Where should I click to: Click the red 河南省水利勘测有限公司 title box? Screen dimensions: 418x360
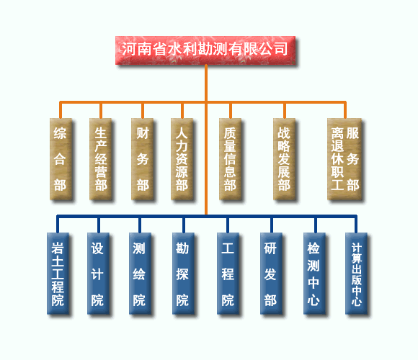coord(205,50)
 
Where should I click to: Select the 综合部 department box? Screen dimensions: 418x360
coord(61,159)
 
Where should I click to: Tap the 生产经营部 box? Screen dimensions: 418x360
coord(100,159)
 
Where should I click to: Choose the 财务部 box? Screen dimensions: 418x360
coord(143,159)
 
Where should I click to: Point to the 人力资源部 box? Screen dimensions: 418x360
coord(182,159)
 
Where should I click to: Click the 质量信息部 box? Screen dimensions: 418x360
coord(231,159)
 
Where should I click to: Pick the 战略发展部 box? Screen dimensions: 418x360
coord(285,159)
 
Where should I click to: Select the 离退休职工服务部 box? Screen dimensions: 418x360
coord(344,159)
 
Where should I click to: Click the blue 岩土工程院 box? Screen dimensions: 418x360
coord(58,274)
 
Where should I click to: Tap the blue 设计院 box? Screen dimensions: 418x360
coord(98,274)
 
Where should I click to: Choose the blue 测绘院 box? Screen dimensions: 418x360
coord(140,274)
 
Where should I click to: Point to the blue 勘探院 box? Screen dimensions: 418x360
coord(183,274)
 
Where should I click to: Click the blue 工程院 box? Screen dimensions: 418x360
coord(228,274)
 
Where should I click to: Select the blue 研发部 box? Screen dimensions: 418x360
coord(272,274)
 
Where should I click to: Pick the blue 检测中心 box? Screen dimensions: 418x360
coord(314,274)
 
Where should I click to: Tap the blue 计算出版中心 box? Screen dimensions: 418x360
coord(357,274)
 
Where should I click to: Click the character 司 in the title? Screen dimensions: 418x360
coord(281,49)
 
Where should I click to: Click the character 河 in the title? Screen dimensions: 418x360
coord(129,49)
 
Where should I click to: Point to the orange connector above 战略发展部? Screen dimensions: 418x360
coord(285,110)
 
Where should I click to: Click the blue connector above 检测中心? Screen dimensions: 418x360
coord(316,225)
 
